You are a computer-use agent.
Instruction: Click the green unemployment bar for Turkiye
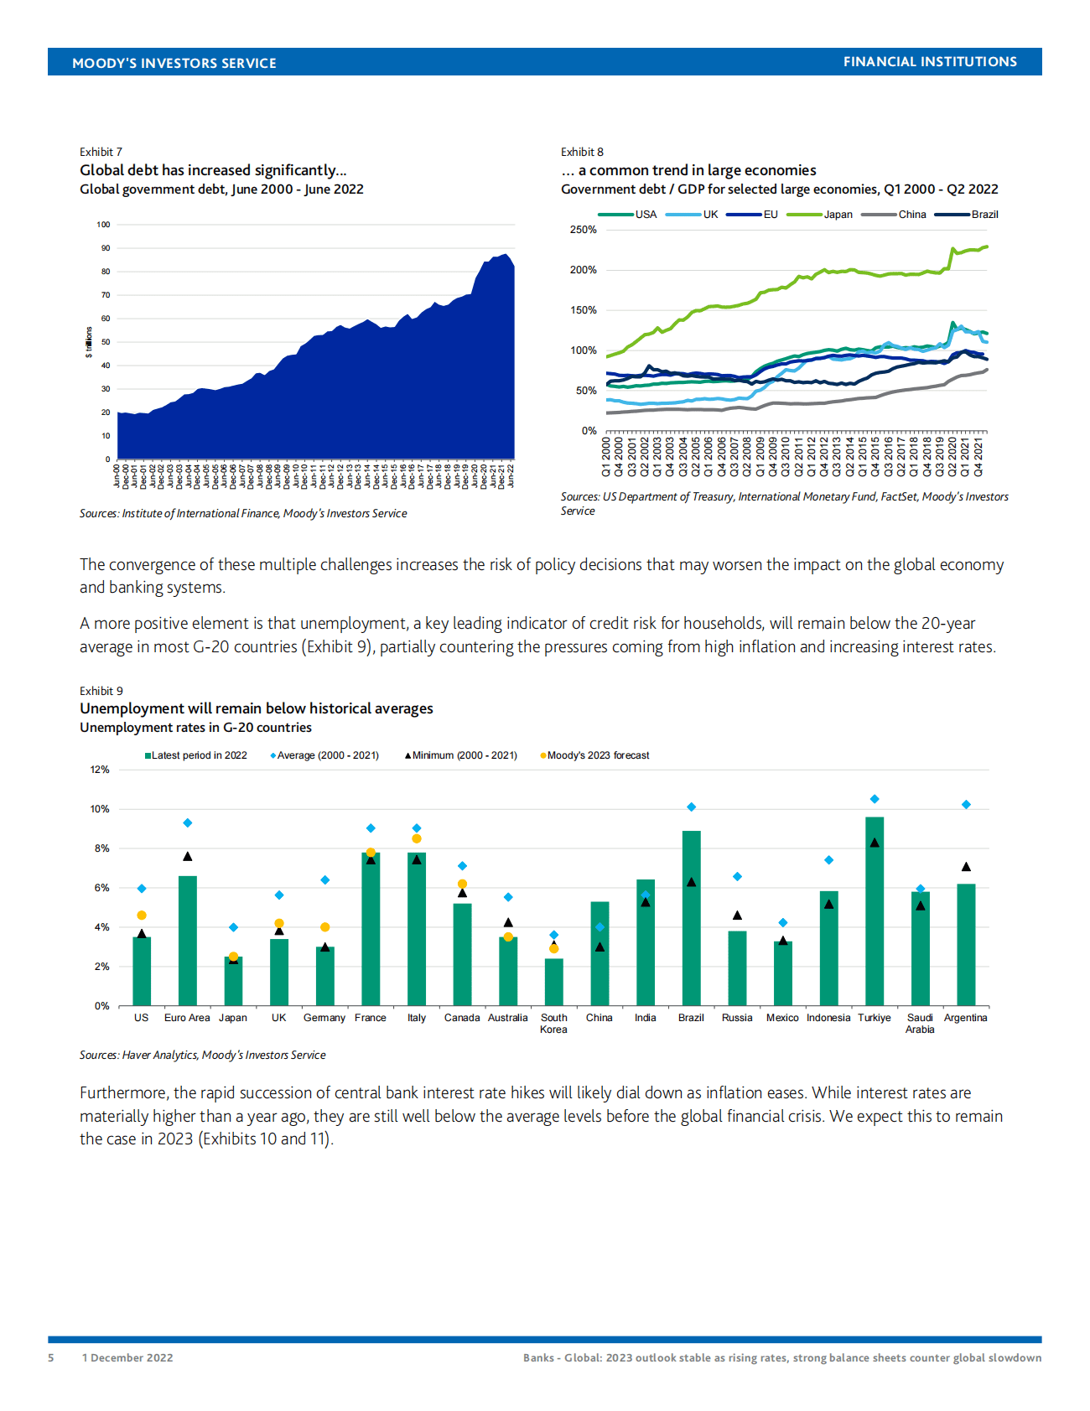pyautogui.click(x=874, y=914)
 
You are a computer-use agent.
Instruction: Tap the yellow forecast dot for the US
pyautogui.click(x=142, y=916)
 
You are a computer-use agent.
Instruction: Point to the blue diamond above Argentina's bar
pyautogui.click(x=966, y=805)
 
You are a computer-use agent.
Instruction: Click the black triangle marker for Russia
pyautogui.click(x=737, y=916)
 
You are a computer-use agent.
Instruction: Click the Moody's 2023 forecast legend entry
pyautogui.click(x=597, y=755)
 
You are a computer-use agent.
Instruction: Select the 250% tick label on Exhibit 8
pyautogui.click(x=584, y=230)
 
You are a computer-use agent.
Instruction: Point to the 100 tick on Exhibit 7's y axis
pyautogui.click(x=103, y=225)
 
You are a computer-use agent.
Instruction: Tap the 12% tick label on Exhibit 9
pyautogui.click(x=100, y=770)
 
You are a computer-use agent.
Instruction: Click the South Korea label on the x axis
pyautogui.click(x=553, y=1024)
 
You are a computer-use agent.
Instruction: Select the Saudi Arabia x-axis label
pyautogui.click(x=920, y=1024)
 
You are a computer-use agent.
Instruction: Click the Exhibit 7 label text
pyautogui.click(x=101, y=152)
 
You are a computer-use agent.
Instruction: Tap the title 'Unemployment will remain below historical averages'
pyautogui.click(x=256, y=708)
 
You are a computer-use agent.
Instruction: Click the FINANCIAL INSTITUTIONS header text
pyautogui.click(x=930, y=62)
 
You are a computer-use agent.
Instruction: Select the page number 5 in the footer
pyautogui.click(x=51, y=1357)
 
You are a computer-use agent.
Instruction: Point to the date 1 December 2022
pyautogui.click(x=127, y=1357)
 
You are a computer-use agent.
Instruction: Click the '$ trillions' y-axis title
pyautogui.click(x=89, y=342)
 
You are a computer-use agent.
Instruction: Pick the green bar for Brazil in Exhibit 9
pyautogui.click(x=691, y=918)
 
